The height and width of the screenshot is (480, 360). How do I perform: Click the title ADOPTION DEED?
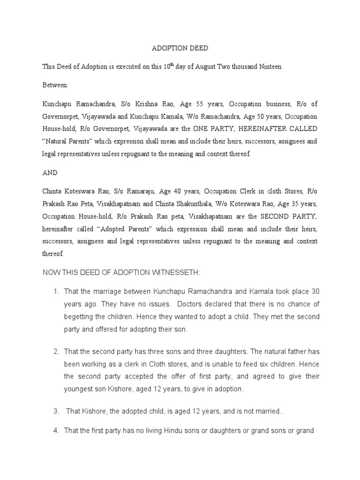[x=180, y=49]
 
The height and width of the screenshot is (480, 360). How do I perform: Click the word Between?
[x=55, y=85]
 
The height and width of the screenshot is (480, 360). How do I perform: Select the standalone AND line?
[x=50, y=172]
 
